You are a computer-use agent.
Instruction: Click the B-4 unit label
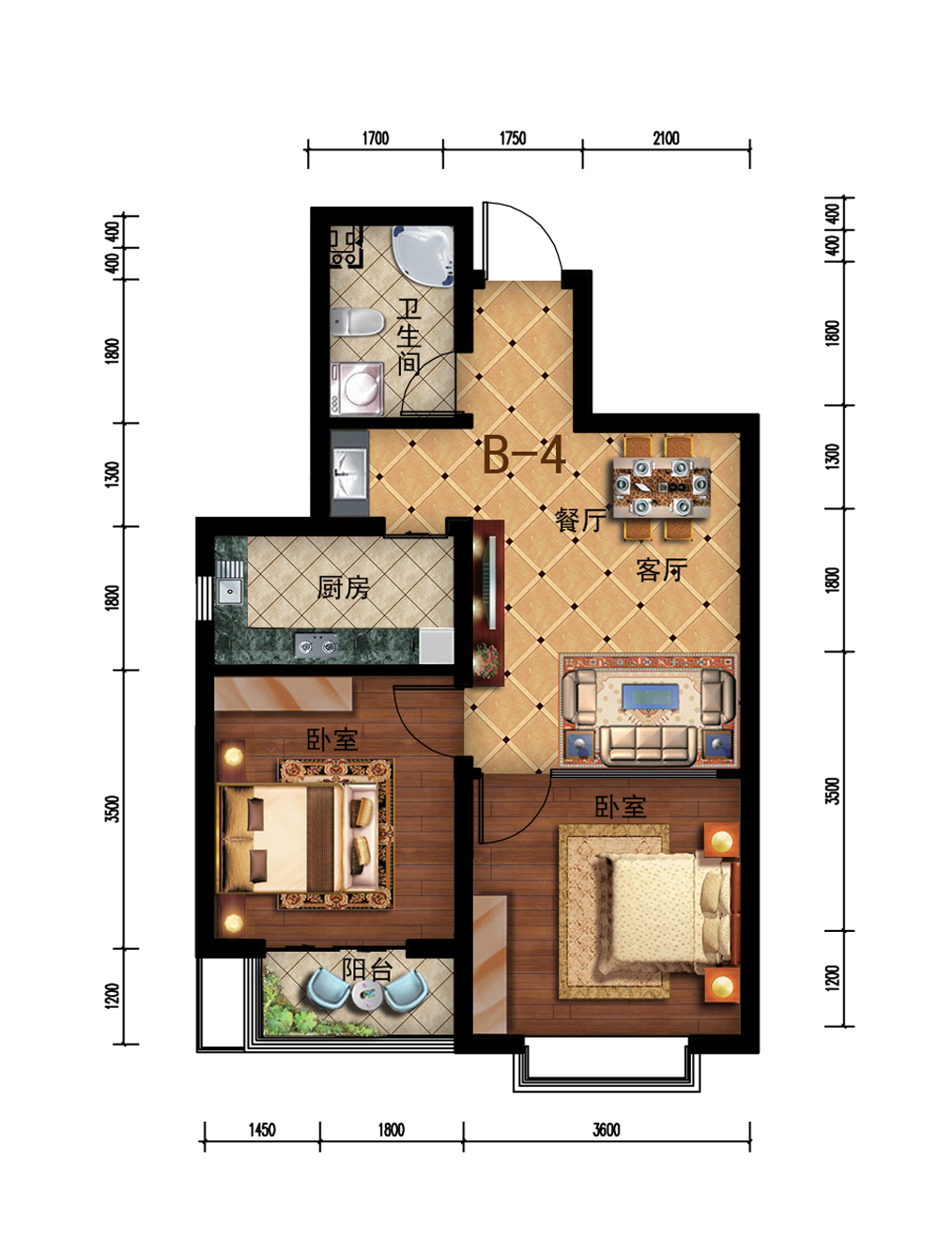525,455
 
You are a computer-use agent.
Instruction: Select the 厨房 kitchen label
343,588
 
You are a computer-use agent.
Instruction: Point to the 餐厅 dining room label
580,520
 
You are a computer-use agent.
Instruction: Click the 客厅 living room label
662,570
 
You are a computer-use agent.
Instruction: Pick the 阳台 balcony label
367,970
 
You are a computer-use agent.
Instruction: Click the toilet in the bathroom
356,321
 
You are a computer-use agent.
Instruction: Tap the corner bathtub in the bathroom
423,256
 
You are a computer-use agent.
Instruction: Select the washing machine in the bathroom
357,389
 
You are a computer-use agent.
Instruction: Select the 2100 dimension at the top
666,138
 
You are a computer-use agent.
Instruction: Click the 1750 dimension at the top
513,138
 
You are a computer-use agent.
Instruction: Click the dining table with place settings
661,488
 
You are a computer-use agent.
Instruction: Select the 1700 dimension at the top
375,138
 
